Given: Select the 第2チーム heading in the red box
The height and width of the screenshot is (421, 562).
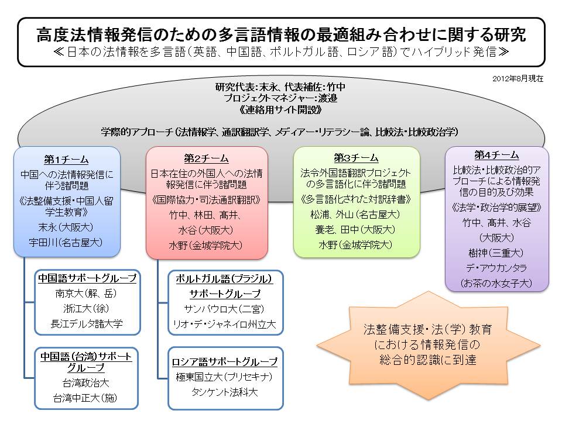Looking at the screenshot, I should tap(206, 158).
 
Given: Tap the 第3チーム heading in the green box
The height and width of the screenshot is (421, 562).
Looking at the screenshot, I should tap(356, 158).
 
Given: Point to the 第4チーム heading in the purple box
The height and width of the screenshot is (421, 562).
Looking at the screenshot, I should tap(496, 155).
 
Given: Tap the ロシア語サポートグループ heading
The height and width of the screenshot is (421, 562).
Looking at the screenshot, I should tap(225, 361).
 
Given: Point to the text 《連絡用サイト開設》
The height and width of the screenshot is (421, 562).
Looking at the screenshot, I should tap(280, 109).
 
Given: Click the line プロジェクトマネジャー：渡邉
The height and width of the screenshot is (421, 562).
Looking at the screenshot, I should tap(280, 98).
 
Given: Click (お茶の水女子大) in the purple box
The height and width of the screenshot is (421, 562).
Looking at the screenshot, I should tap(496, 282).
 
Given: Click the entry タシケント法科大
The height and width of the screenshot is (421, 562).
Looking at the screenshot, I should tap(225, 392).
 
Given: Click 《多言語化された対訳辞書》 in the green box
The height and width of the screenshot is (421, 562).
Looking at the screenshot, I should tap(356, 200).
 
